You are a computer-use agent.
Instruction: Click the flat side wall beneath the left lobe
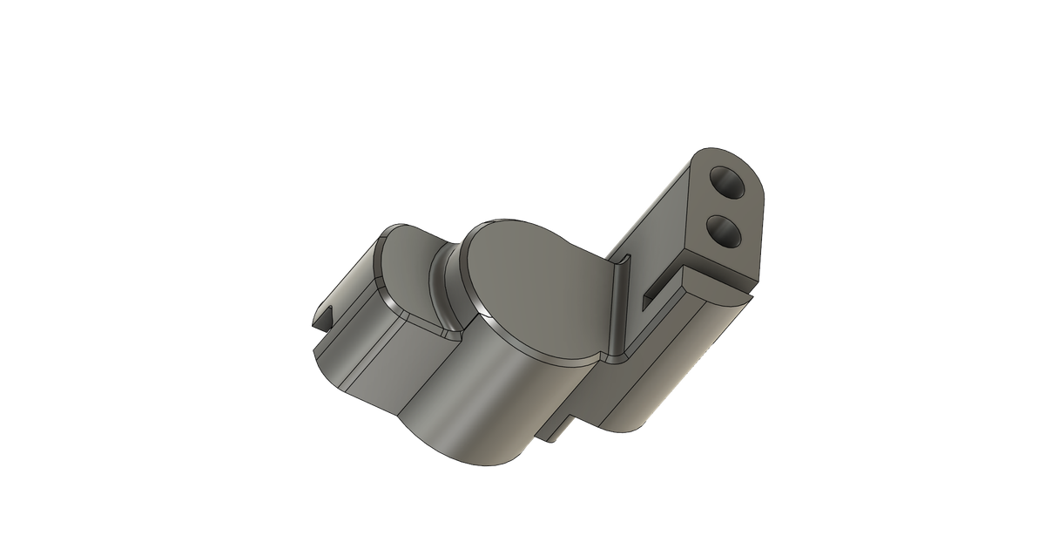pyautogui.click(x=383, y=366)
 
